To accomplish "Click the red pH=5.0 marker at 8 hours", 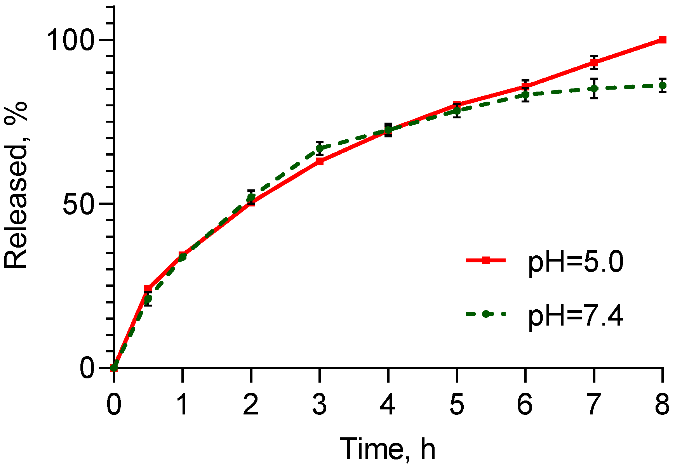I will pyautogui.click(x=662, y=40).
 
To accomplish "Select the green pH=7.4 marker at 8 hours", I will pyautogui.click(x=662, y=85).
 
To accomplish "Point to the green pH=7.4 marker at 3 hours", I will pyautogui.click(x=320, y=148).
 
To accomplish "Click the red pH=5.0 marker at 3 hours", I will pyautogui.click(x=320, y=161).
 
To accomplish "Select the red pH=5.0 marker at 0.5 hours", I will pyautogui.click(x=148, y=289).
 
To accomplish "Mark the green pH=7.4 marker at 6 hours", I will pyautogui.click(x=525, y=94).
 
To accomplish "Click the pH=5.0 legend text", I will pyautogui.click(x=575, y=262).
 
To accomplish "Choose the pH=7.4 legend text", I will pyautogui.click(x=575, y=316).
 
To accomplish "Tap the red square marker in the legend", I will pyautogui.click(x=485, y=261).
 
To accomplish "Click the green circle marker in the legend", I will pyautogui.click(x=485, y=314).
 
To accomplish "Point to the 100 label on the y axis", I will pyautogui.click(x=71, y=40).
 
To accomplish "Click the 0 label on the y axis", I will pyautogui.click(x=87, y=367).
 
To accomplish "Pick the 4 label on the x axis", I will pyautogui.click(x=388, y=404).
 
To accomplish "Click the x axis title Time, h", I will pyautogui.click(x=388, y=449).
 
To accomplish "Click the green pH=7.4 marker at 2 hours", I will pyautogui.click(x=251, y=197).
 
